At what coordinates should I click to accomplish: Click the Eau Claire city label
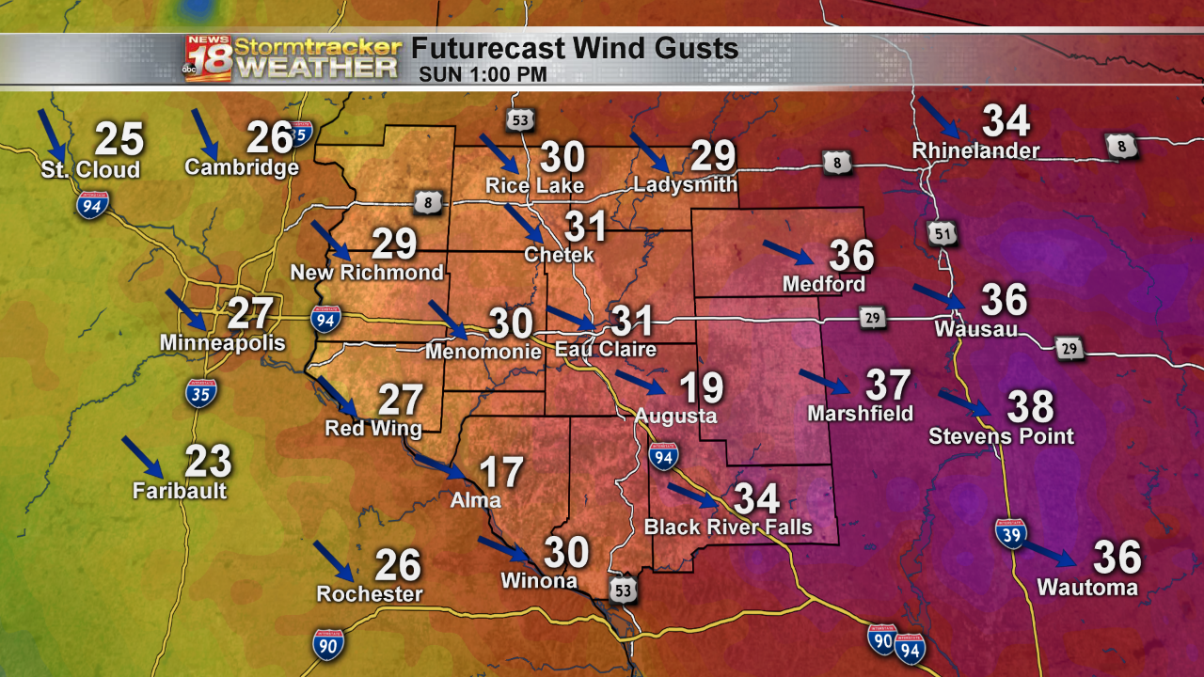click(x=605, y=350)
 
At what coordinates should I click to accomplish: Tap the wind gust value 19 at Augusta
click(x=701, y=387)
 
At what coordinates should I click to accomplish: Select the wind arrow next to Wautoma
click(x=1049, y=554)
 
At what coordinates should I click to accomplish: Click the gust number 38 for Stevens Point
click(x=1031, y=407)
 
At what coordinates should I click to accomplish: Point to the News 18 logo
click(x=208, y=58)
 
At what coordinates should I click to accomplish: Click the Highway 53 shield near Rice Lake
click(x=520, y=119)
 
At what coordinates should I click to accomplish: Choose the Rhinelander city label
click(x=975, y=150)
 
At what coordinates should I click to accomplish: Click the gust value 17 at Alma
click(x=500, y=472)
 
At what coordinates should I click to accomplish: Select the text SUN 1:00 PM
click(x=483, y=73)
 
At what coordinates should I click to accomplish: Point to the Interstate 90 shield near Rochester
click(x=327, y=643)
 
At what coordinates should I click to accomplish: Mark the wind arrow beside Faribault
click(x=142, y=456)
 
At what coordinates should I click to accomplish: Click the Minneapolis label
click(x=222, y=343)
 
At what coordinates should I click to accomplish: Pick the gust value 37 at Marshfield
click(x=888, y=386)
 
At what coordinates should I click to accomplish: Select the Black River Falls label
click(x=728, y=527)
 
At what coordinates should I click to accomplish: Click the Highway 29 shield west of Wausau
click(x=873, y=320)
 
